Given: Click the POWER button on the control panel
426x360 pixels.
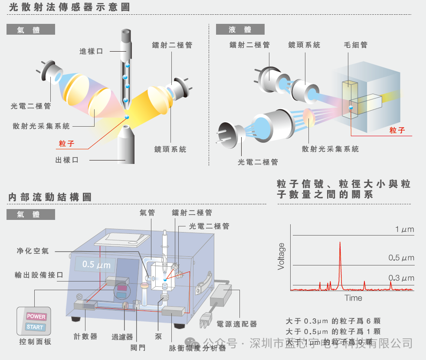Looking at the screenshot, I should (36, 317).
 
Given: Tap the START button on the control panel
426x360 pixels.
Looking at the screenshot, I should (35, 327).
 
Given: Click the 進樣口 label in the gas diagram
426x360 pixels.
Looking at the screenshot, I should (91, 51).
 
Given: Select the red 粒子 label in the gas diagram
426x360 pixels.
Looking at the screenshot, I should (66, 144).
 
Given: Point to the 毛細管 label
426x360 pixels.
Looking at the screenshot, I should (355, 45).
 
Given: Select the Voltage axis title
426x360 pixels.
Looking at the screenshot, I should (281, 256).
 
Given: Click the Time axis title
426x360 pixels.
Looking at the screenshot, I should (353, 298).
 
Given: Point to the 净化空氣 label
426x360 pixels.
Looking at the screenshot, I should (33, 251).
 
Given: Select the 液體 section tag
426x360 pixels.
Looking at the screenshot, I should (240, 29).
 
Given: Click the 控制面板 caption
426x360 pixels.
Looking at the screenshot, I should (35, 342).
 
